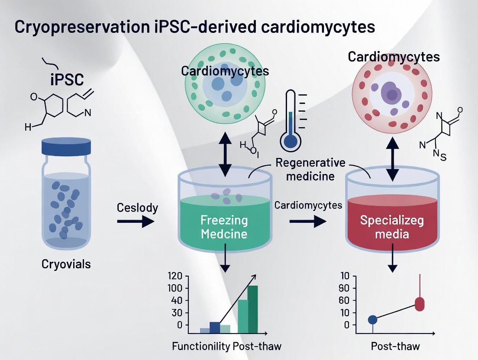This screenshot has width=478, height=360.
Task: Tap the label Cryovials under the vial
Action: coord(66,264)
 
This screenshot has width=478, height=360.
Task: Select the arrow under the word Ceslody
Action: coord(136,222)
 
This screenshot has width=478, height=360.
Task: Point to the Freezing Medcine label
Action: coord(224,227)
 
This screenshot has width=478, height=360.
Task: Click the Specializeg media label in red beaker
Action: coord(392,227)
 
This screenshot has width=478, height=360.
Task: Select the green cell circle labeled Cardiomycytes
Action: coord(224,87)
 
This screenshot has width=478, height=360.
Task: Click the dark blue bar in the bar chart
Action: coord(215,328)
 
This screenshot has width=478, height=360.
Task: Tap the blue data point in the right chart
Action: coord(373,320)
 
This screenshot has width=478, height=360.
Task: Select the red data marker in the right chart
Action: coord(420,304)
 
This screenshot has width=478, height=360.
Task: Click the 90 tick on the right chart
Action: coord(344,288)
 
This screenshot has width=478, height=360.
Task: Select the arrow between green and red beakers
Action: coord(308,222)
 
